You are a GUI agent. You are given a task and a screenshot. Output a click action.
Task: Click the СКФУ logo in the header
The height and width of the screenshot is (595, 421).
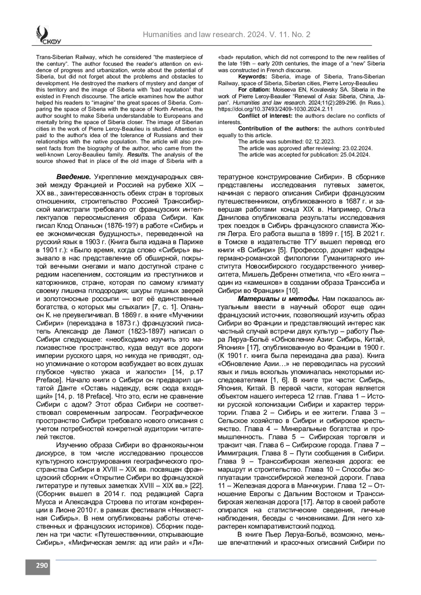48,35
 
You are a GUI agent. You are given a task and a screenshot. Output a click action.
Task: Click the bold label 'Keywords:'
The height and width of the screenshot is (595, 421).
253,77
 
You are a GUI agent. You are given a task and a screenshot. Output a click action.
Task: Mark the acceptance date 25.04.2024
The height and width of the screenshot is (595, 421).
356,155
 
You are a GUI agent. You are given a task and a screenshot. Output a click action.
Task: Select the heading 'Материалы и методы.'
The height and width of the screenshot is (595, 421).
279,299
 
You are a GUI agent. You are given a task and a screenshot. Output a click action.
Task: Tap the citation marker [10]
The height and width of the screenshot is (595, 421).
293,291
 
